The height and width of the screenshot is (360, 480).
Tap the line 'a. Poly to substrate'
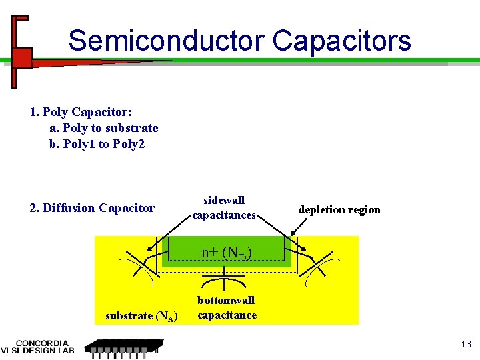[104, 127]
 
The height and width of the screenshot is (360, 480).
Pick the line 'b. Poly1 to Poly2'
[97, 143]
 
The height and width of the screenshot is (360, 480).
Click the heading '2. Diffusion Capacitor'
[92, 208]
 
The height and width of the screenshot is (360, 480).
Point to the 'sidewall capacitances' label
[224, 207]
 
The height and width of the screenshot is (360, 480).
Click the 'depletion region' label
[339, 209]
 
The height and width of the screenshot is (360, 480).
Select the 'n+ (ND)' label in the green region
[227, 253]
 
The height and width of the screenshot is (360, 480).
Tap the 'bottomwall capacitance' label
[227, 307]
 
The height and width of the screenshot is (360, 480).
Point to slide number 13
[465, 344]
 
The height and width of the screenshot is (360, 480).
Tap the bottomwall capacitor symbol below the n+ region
[225, 279]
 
